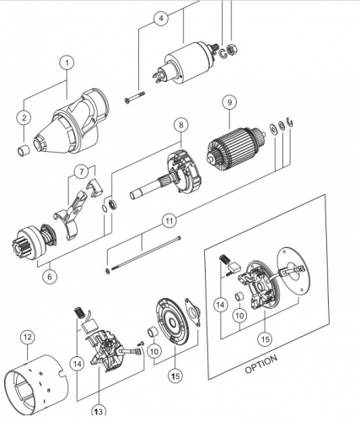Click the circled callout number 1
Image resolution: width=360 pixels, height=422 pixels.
coord(67,62)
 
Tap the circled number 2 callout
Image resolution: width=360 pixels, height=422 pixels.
coord(24,117)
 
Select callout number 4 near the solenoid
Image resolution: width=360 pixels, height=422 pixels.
coord(161,19)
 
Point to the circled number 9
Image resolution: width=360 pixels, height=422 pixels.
coord(229,102)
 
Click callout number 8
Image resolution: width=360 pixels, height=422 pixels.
coord(181,125)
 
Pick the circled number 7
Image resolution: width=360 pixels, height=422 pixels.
coord(82,171)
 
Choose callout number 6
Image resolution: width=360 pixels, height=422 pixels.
coord(50,277)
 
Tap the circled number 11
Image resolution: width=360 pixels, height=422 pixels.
coord(169,221)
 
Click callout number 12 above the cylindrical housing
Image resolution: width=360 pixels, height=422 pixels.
coord(28,338)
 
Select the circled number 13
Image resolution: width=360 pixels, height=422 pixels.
coord(99,412)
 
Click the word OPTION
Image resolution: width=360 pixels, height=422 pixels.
coord(261,364)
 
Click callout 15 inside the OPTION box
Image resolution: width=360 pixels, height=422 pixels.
coord(265,339)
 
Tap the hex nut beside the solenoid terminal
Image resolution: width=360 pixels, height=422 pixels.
coord(232,50)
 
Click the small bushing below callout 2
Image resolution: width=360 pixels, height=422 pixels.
coord(24,150)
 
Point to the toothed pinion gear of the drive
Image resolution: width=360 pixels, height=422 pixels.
coord(22,247)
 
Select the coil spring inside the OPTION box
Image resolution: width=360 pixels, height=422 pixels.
coord(223,259)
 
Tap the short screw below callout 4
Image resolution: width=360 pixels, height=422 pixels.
coord(134,96)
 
